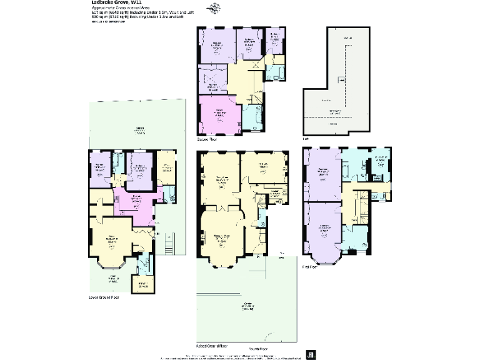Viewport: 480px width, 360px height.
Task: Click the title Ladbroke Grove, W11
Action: tap(108, 2)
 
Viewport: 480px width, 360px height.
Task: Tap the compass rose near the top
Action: tap(216, 8)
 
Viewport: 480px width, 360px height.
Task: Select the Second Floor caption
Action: tap(206, 140)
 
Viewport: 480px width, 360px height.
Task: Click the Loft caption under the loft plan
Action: tap(305, 138)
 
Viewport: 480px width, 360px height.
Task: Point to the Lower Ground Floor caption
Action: tap(104, 297)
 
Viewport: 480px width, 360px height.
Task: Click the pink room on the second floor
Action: tap(219, 113)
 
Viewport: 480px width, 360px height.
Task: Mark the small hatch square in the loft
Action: tap(341, 79)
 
